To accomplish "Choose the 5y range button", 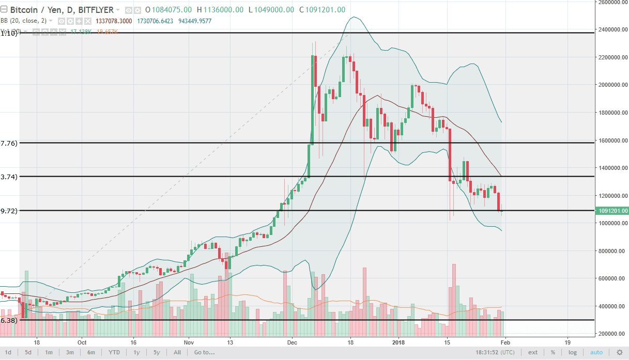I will [x=156, y=352].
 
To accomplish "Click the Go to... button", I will [x=204, y=352].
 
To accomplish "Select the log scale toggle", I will [x=573, y=352].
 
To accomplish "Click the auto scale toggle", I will [x=596, y=352].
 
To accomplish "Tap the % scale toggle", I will [x=553, y=352].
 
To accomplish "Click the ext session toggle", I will [x=532, y=352].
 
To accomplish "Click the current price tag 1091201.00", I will [x=612, y=211].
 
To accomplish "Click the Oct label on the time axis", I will [x=82, y=342].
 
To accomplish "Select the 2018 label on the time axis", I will [x=398, y=342].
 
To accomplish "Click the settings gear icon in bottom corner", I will [x=619, y=352].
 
